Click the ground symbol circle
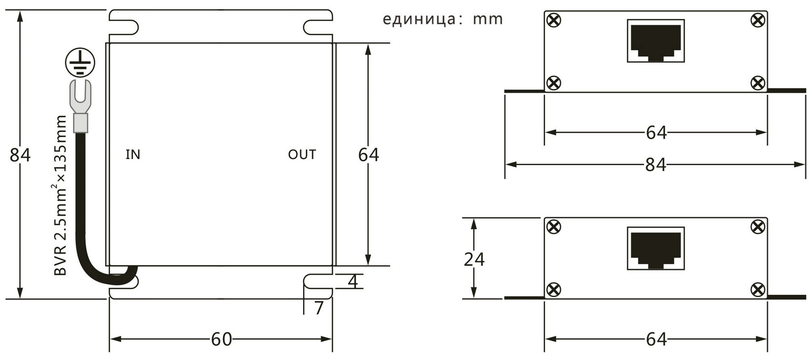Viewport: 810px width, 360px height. coord(80,49)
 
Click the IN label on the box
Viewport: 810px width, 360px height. coord(133,154)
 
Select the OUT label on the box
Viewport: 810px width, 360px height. coord(302,154)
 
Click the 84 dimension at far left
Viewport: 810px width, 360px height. coord(20,155)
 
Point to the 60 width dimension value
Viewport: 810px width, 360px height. coord(221,339)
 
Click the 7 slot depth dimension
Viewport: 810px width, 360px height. coord(319,308)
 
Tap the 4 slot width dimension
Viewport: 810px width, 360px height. coord(353,281)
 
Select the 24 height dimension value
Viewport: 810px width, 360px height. coord(474,259)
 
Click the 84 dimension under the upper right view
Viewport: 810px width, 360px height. coord(656,165)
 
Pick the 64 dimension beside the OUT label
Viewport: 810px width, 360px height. coord(368,155)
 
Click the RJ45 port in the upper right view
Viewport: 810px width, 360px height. coord(656,41)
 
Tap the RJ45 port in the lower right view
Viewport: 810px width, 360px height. coord(656,248)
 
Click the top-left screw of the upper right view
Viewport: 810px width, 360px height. coord(554,20)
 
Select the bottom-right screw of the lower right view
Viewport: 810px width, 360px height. coord(758,290)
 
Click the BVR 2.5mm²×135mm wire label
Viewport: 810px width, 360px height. coord(60,195)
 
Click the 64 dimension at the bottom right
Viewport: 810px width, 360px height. coord(656,339)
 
